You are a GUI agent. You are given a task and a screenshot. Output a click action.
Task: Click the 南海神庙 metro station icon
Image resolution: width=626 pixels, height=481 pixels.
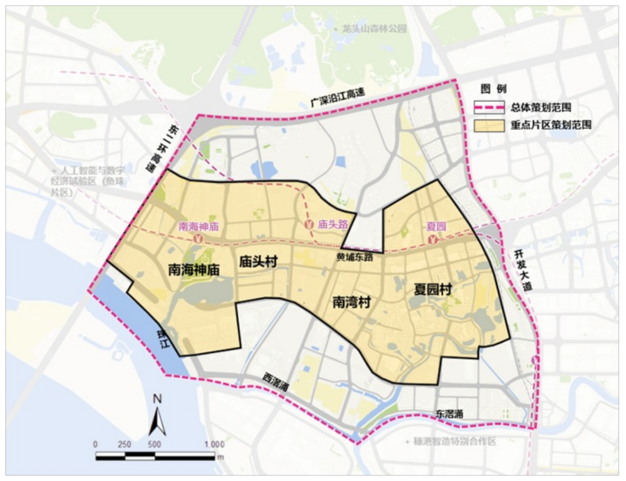(x=198, y=238)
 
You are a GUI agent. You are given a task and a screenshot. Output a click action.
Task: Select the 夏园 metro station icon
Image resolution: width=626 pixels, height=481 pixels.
(x=432, y=239)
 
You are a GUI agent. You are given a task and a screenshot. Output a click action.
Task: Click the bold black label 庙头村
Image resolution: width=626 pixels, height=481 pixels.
(x=259, y=263)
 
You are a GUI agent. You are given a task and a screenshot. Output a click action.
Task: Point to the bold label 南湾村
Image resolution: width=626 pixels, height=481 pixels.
(x=351, y=302)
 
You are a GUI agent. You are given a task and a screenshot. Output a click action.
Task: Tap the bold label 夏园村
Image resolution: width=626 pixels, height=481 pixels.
(x=432, y=289)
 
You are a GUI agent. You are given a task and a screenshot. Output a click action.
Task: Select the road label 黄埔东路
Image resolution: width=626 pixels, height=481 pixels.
(x=355, y=256)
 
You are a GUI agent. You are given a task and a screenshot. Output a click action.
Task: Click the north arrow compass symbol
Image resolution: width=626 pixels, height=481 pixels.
(x=157, y=416)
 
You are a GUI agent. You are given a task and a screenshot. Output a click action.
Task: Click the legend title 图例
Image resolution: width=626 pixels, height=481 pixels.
(x=493, y=89)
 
